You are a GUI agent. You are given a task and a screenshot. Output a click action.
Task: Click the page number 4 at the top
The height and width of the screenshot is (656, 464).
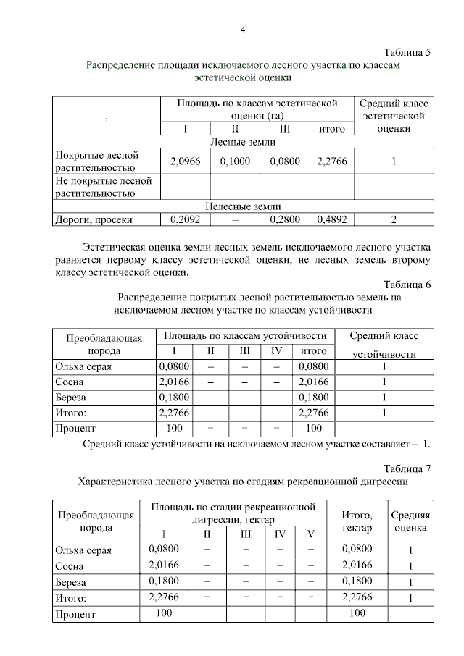tap(243, 30)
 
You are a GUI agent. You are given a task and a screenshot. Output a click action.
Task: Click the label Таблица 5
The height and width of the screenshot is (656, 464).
tap(407, 52)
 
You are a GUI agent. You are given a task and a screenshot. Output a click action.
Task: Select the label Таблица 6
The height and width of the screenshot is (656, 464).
tap(407, 285)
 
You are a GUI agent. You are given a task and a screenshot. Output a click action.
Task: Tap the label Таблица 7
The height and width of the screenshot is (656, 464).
tap(407, 468)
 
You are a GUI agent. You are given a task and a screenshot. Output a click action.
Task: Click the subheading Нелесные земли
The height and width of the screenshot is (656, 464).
tap(243, 206)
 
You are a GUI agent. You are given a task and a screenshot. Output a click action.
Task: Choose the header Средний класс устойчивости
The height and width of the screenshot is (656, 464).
tap(384, 345)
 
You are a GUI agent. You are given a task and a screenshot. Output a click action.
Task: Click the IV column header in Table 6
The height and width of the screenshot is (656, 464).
tap(276, 351)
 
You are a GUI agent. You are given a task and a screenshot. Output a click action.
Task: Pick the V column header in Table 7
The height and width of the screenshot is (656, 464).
tap(311, 534)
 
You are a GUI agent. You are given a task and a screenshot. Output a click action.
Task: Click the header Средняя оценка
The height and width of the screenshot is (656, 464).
tap(410, 521)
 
